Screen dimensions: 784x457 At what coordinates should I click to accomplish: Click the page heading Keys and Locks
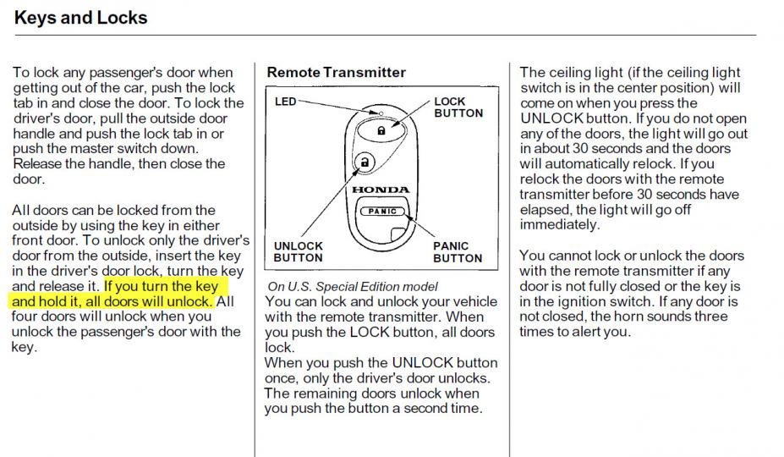click(81, 18)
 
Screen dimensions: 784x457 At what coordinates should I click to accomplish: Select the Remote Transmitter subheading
click(336, 72)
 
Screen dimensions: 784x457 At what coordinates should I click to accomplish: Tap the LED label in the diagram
click(286, 101)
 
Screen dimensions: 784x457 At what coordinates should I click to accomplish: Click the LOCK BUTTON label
click(458, 107)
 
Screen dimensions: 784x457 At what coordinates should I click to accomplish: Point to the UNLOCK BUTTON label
click(298, 252)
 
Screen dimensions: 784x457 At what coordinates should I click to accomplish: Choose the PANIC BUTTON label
click(458, 252)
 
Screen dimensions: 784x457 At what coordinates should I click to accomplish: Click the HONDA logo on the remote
click(381, 190)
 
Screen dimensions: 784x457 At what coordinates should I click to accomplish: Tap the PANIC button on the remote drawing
click(382, 212)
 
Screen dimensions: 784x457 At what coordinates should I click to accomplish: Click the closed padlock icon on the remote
click(381, 130)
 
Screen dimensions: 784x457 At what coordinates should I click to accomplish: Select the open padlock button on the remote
click(365, 162)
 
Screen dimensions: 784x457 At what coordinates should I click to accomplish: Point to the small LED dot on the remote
click(381, 113)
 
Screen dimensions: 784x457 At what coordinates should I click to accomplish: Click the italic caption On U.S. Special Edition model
click(353, 286)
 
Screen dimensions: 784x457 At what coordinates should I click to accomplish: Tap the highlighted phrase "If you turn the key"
click(161, 286)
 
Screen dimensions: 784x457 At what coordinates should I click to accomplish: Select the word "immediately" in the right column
click(560, 225)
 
